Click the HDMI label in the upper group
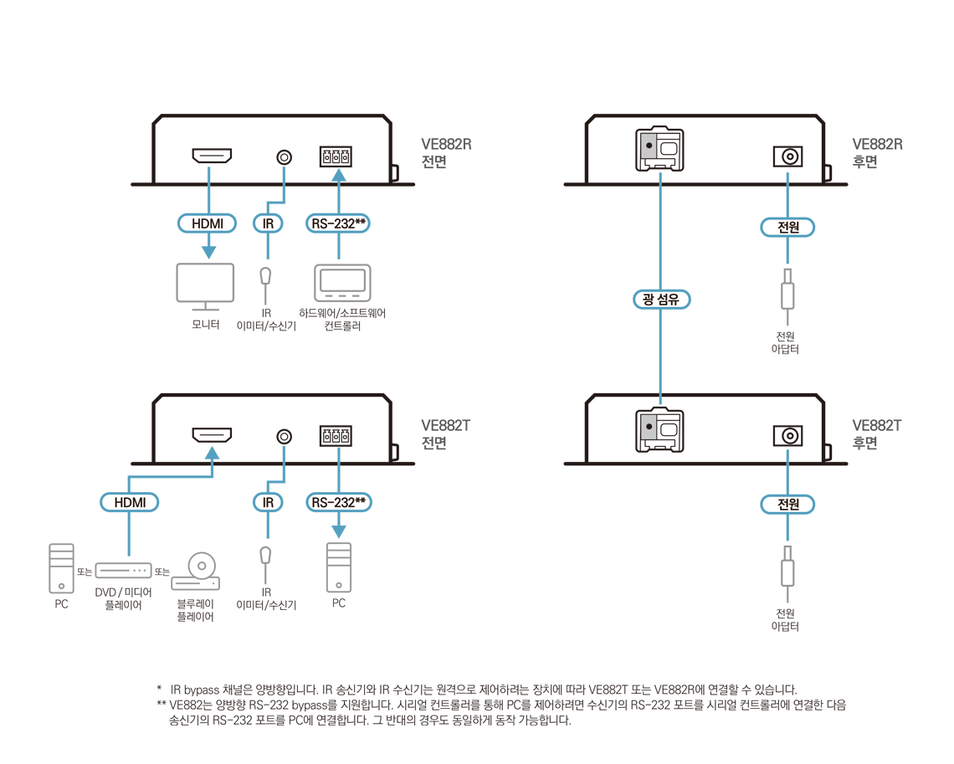208,223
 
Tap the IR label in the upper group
268,223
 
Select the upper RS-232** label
339,223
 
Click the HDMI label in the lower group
130,502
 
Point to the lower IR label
268,502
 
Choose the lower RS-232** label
339,502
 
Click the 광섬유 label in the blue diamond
660,300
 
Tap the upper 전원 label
787,227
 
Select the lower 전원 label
787,505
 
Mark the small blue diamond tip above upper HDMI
208,175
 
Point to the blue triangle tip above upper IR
283,173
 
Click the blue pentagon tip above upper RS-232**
339,175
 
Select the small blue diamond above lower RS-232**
339,454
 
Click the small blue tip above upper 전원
787,176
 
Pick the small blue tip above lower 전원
787,454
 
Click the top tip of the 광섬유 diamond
660,177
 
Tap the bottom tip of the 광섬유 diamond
660,399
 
